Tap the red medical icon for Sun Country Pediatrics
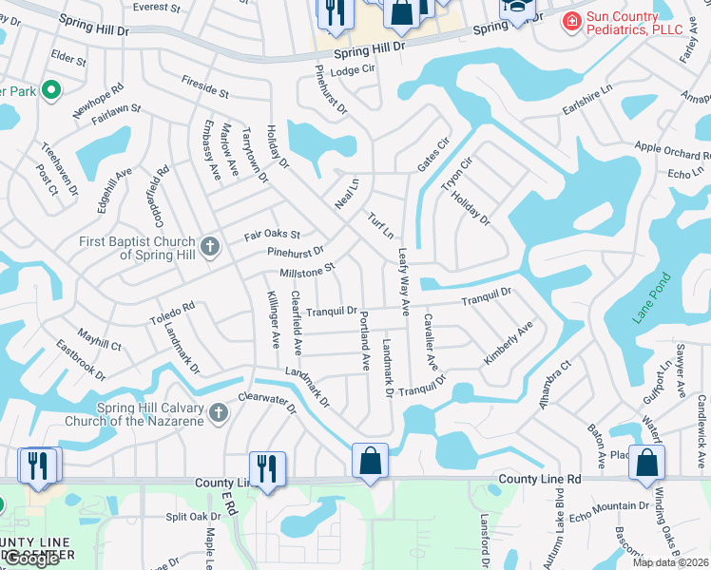tap(572, 20)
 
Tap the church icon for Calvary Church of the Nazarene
tap(220, 413)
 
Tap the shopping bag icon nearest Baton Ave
tap(646, 463)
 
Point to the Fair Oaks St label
tap(272, 234)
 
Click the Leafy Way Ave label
tap(403, 281)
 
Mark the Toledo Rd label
tap(171, 313)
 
